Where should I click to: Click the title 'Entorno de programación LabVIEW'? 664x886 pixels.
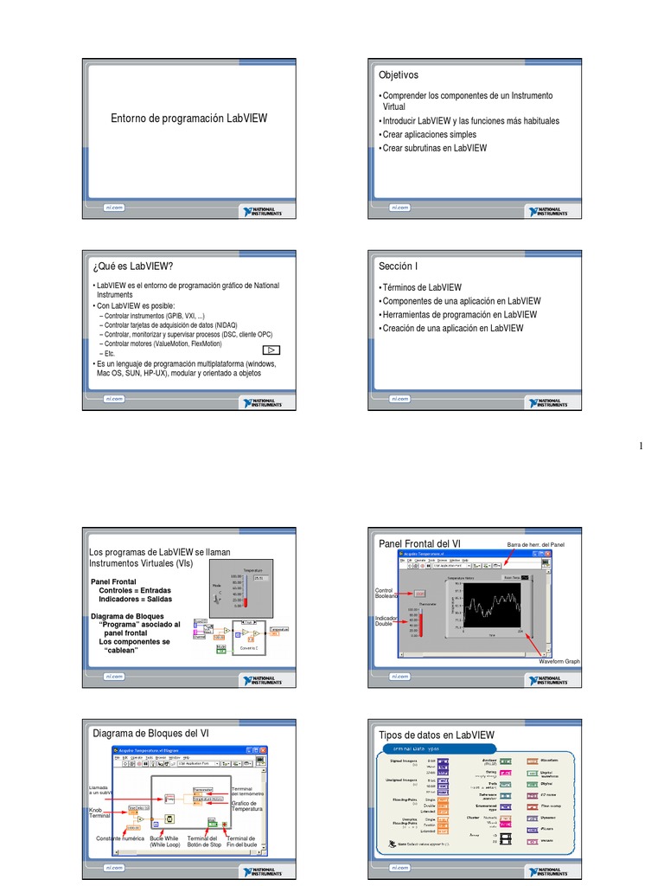188,118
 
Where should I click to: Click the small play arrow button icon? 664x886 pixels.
271,350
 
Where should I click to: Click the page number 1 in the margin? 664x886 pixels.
641,446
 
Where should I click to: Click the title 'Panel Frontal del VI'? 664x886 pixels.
420,543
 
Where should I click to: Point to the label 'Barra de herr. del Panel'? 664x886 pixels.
535,544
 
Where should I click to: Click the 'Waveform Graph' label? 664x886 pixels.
559,661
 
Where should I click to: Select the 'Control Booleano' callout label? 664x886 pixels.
386,593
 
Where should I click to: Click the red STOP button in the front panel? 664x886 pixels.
419,593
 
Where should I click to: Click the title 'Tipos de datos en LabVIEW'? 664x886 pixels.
437,735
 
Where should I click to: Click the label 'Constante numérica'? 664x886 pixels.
120,839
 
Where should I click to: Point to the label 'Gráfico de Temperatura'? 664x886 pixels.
246,806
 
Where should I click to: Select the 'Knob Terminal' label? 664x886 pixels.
100,813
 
